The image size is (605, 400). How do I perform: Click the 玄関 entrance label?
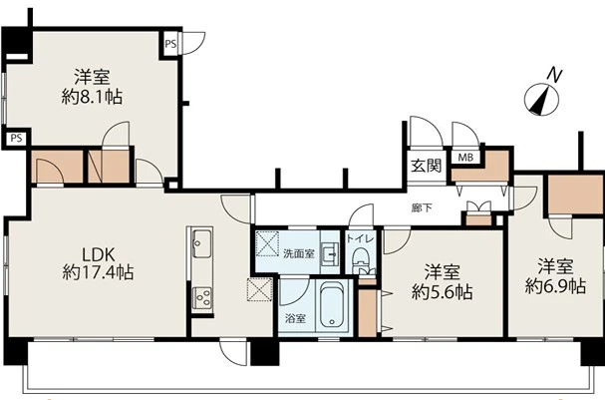[x=426, y=166]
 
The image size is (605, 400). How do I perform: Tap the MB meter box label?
[x=465, y=158]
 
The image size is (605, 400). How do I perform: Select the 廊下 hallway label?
[x=422, y=208]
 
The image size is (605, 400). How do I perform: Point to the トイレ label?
[x=361, y=238]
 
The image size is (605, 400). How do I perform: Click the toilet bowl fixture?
[x=361, y=258]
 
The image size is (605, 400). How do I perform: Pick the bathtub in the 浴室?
[x=332, y=305]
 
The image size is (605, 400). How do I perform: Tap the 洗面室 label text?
[x=299, y=253]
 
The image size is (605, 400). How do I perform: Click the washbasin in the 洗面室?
[x=330, y=254]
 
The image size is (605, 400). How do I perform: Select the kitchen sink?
[x=201, y=243]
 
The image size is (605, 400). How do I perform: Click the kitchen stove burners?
[x=201, y=297]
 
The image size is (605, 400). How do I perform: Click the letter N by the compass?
[x=555, y=75]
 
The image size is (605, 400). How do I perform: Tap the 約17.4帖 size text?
[x=98, y=272]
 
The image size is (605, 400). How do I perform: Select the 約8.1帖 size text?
[x=92, y=97]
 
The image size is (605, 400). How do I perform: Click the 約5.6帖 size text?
[x=443, y=292]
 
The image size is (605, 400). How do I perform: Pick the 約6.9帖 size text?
[x=555, y=286]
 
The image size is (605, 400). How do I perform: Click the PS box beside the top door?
[x=170, y=44]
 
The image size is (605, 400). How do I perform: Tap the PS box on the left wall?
[x=16, y=138]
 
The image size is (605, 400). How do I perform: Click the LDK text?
[x=99, y=254]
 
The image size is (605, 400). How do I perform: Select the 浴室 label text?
[x=295, y=318]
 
